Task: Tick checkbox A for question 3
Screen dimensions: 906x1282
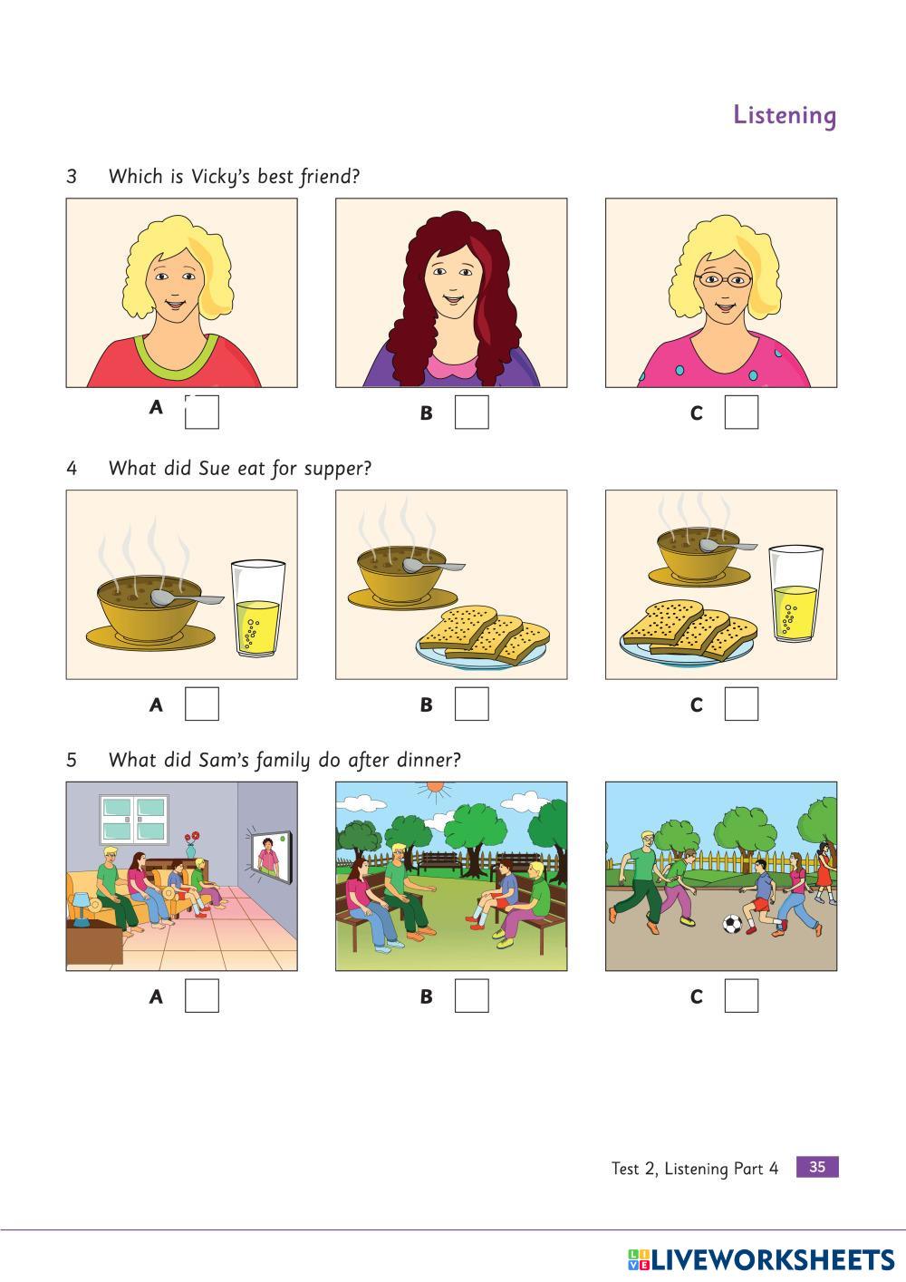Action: tap(202, 412)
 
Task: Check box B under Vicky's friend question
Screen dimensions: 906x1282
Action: tap(472, 412)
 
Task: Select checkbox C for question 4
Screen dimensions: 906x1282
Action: tap(741, 704)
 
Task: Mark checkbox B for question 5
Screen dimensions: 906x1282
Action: tap(472, 995)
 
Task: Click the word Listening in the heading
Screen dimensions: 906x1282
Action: tap(785, 116)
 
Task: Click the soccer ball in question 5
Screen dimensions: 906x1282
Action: tap(732, 923)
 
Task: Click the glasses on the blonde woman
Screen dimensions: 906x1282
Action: tap(723, 280)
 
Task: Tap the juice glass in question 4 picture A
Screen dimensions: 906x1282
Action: tap(257, 607)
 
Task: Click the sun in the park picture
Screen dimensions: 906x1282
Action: tap(436, 789)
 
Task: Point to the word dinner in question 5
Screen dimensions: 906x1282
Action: tap(429, 761)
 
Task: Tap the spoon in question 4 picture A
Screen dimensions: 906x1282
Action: tap(186, 598)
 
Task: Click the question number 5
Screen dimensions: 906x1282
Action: tap(72, 761)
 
